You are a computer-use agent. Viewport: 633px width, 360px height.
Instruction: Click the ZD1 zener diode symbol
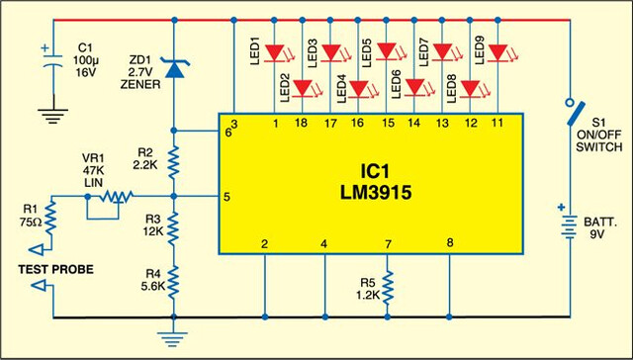tap(174, 67)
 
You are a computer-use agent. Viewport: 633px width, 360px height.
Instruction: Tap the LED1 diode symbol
tap(275, 53)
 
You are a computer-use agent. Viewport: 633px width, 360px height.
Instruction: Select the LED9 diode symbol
tap(497, 53)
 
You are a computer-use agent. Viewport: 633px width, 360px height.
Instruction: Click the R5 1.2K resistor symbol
tap(387, 288)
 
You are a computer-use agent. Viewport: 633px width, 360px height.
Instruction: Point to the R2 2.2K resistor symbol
tap(174, 162)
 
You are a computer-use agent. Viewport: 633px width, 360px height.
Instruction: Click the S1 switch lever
tap(576, 113)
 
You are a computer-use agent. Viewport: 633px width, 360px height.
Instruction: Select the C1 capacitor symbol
tap(52, 57)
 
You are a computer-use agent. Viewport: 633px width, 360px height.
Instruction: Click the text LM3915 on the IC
tap(376, 193)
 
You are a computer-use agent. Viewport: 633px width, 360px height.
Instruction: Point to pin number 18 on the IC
tap(301, 123)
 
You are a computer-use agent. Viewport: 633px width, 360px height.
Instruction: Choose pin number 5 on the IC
tap(226, 198)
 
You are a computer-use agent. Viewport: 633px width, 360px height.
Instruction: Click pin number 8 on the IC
tap(450, 242)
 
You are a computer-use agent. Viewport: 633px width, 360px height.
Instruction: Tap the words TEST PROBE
tap(55, 269)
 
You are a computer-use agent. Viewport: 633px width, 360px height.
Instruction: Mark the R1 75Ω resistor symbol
tap(50, 218)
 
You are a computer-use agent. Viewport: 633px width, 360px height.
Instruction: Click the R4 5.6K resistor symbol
tap(174, 282)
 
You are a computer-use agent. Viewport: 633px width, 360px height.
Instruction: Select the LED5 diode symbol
tap(387, 51)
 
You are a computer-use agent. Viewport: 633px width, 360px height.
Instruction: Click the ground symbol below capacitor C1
tap(52, 116)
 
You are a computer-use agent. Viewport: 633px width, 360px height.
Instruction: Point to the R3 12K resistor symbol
tap(174, 228)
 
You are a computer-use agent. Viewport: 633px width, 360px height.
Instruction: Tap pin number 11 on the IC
tap(497, 123)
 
